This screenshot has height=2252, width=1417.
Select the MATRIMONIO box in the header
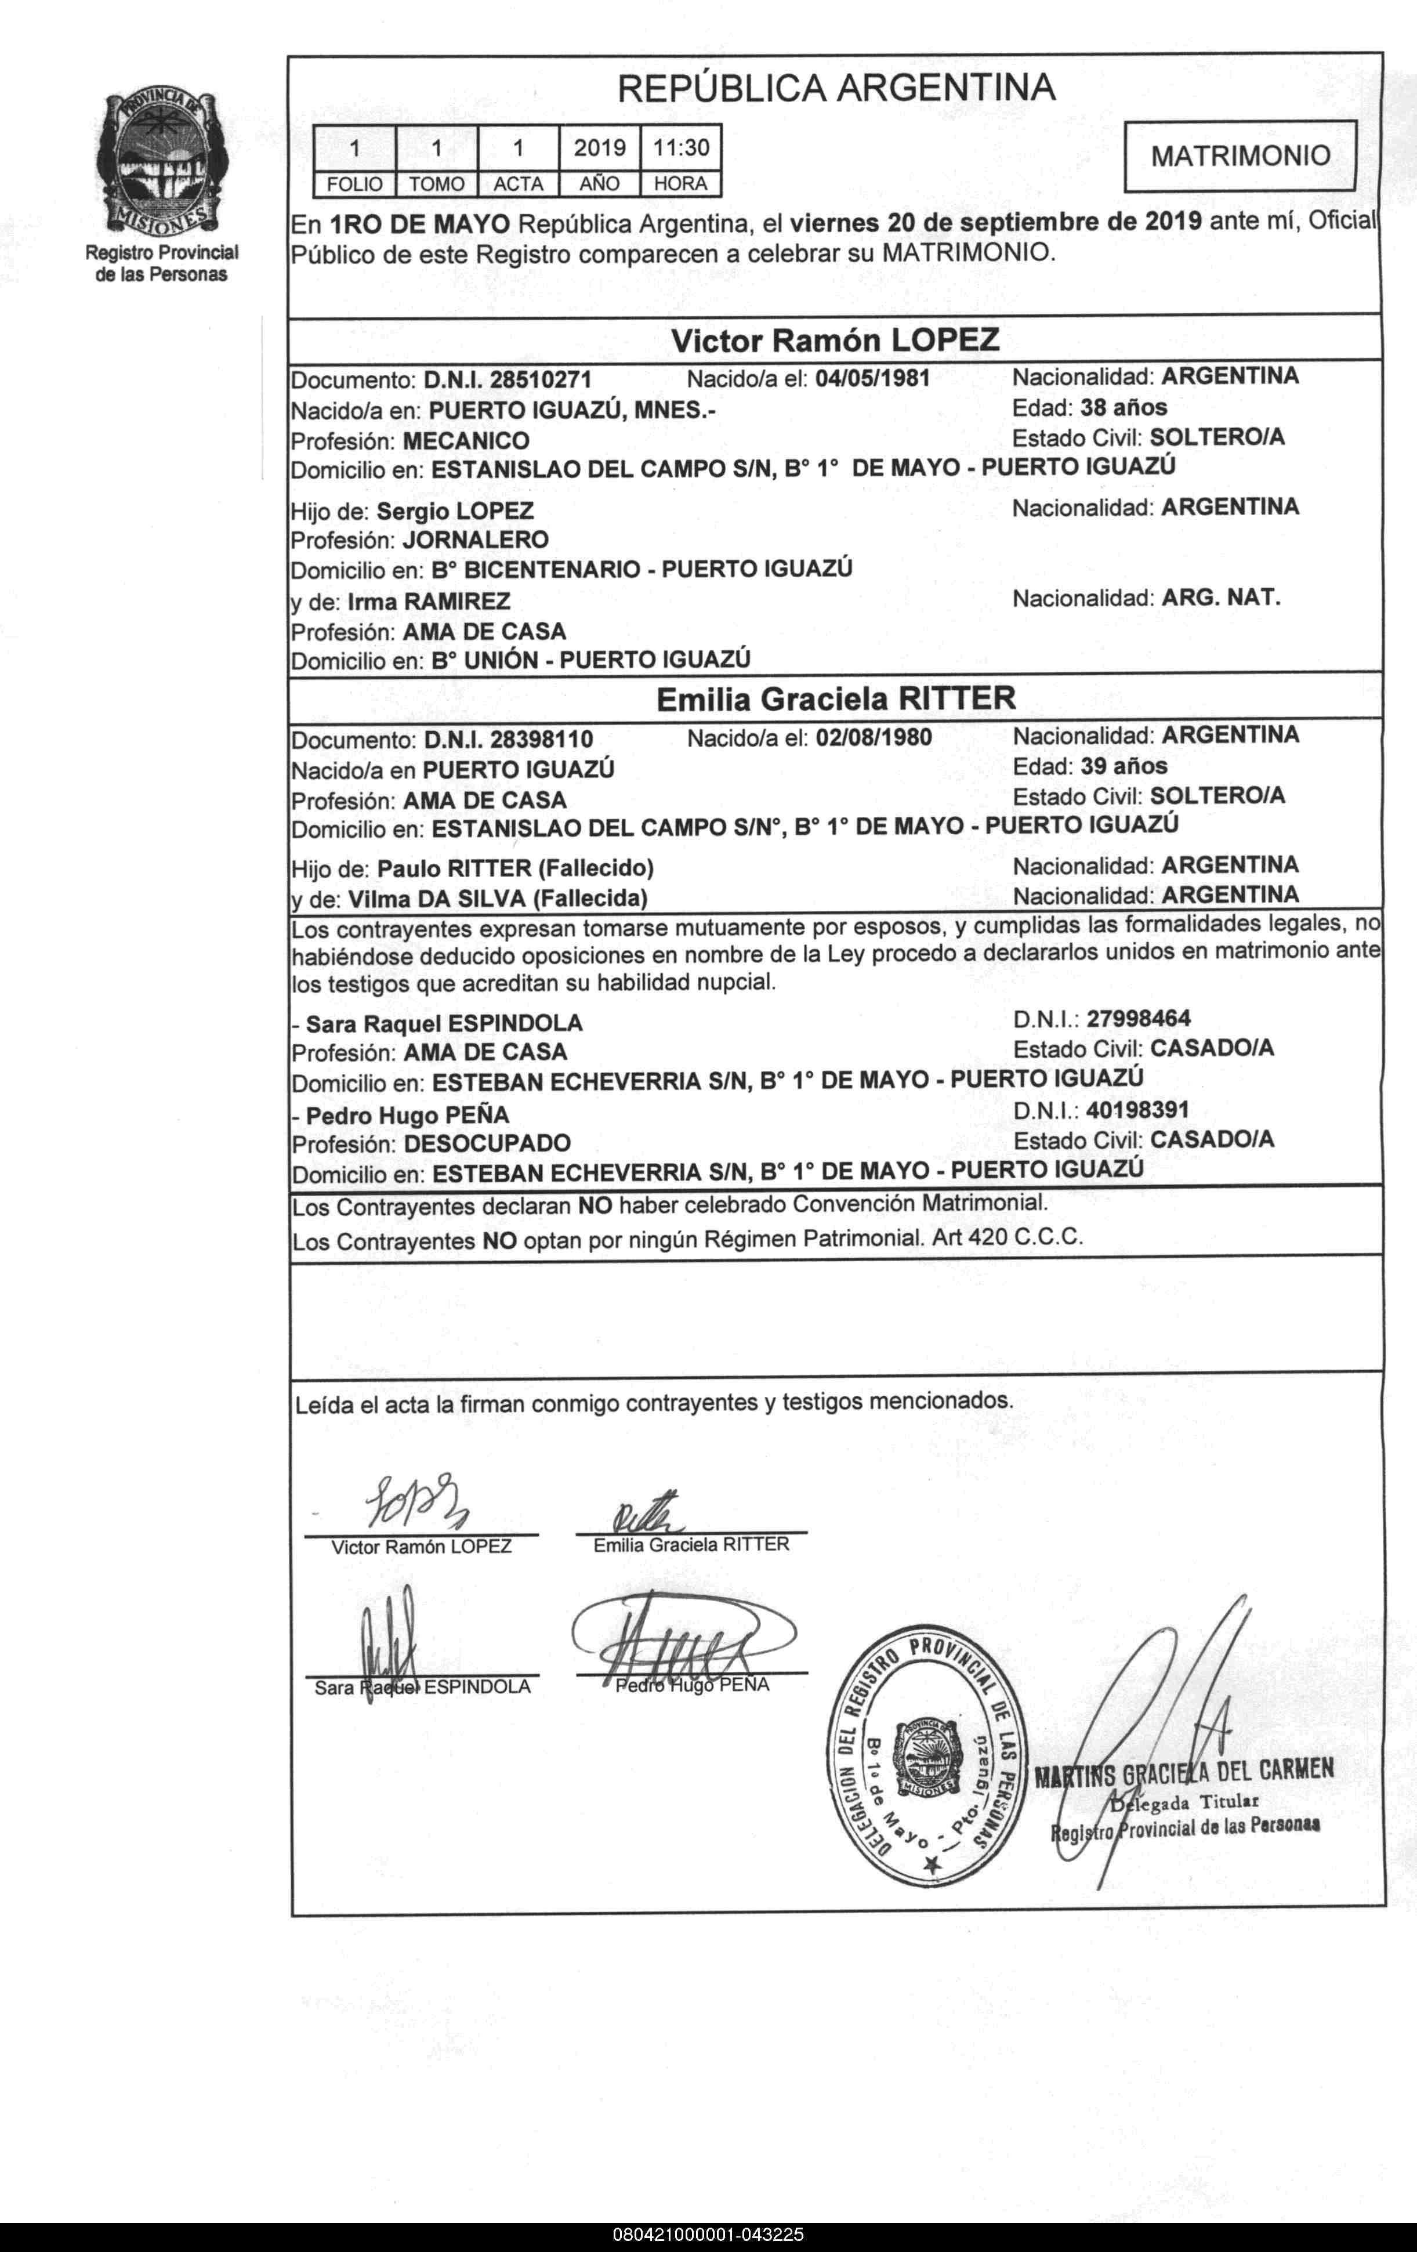[1240, 155]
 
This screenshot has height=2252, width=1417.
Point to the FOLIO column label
[354, 184]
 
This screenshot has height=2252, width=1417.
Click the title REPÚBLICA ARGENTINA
[836, 88]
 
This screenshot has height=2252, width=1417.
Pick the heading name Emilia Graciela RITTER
[835, 698]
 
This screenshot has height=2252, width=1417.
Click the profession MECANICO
[466, 440]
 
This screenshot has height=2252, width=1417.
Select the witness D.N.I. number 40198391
[1137, 1110]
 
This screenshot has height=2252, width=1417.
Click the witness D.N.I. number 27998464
[1138, 1019]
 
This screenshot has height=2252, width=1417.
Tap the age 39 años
[1124, 766]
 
